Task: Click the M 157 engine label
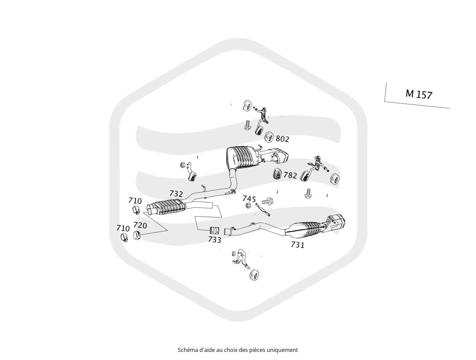pyautogui.click(x=419, y=94)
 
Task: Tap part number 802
pyautogui.click(x=282, y=139)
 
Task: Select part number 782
pyautogui.click(x=290, y=175)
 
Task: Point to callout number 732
pyautogui.click(x=176, y=193)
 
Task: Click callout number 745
pyautogui.click(x=249, y=199)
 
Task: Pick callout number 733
pyautogui.click(x=215, y=240)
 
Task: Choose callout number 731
pyautogui.click(x=298, y=245)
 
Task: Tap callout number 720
pyautogui.click(x=140, y=225)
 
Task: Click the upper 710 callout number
pyautogui.click(x=135, y=201)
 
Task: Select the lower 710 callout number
pyautogui.click(x=123, y=228)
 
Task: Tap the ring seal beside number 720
pyautogui.click(x=137, y=235)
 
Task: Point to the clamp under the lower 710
pyautogui.click(x=124, y=238)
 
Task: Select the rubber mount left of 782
pyautogui.click(x=277, y=174)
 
